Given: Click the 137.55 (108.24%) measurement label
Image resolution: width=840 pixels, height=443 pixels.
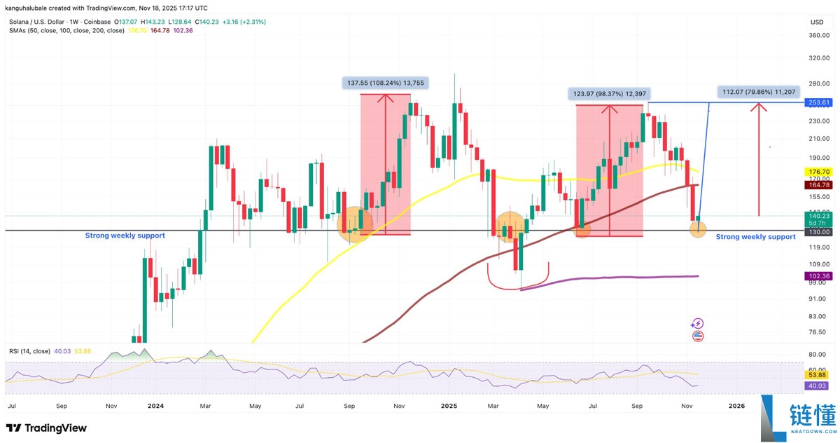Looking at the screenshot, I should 385,83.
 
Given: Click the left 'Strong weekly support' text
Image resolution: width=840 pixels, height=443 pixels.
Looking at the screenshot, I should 125,236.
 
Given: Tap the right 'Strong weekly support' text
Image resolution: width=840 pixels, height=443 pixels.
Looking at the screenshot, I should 755,237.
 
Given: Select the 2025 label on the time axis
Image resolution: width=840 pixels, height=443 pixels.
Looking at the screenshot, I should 449,405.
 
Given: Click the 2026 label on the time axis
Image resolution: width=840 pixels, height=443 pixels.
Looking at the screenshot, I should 736,405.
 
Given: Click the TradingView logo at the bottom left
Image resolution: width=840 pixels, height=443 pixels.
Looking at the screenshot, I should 46,428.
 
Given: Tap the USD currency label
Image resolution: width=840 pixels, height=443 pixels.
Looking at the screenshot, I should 817,22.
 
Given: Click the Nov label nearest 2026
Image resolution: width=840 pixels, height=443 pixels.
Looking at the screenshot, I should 687,405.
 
